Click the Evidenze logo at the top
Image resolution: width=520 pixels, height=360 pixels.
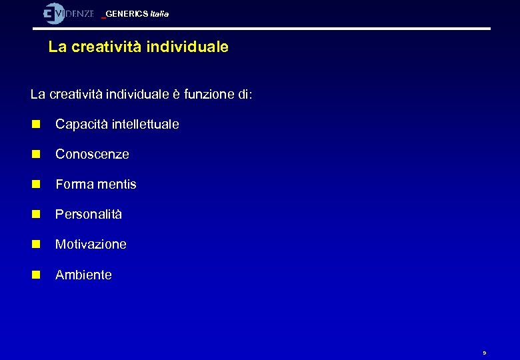(x=68, y=13)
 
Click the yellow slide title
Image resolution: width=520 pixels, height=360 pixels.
(x=139, y=47)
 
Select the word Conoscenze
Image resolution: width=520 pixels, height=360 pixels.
(x=92, y=154)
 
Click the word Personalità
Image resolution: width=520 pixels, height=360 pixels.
(x=89, y=215)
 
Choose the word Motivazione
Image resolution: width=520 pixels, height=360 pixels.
(x=91, y=245)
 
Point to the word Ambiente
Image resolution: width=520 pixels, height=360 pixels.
(x=83, y=275)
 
